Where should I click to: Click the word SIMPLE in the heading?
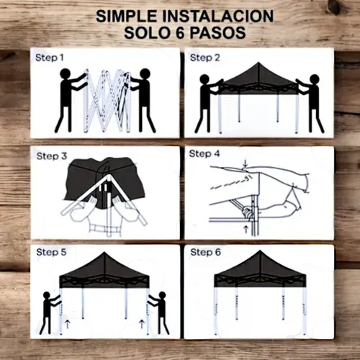point(126,17)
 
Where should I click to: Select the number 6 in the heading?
point(180,32)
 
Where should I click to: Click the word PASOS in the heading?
point(218,32)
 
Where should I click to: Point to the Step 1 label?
point(50,58)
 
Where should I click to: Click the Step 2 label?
point(205,58)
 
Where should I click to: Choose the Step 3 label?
point(52,156)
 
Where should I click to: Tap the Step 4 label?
point(204,153)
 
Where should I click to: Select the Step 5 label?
point(51,252)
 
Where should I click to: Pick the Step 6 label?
point(206,252)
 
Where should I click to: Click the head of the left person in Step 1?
point(65,74)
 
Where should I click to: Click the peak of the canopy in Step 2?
point(258,63)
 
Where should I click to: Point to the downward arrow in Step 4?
point(245,164)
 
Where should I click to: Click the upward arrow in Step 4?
point(246,230)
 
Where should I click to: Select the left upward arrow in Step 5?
point(68,324)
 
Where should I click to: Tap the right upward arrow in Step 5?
point(142,324)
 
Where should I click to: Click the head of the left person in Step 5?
point(47,295)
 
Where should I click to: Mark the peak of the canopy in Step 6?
point(260,251)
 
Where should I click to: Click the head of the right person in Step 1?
point(145,74)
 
